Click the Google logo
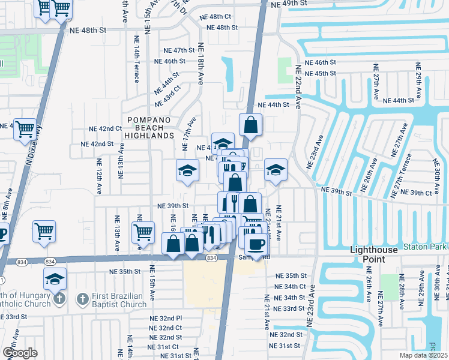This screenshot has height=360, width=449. [x=20, y=352]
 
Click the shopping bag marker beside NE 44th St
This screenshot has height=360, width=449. [x=251, y=125]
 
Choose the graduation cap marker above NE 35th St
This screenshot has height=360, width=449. [x=55, y=278]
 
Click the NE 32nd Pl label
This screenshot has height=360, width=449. [x=166, y=319]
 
